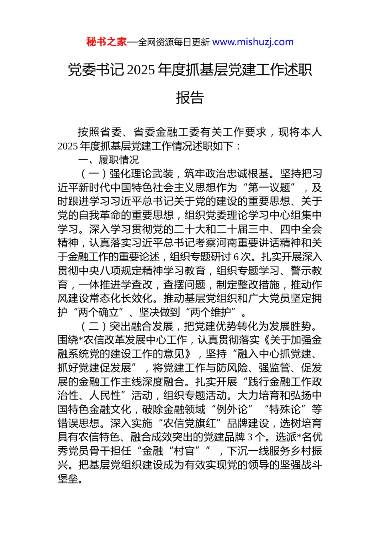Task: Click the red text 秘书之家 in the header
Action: pos(106,42)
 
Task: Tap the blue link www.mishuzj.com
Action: pos(253,42)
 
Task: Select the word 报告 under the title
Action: pos(190,97)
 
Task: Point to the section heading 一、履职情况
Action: pos(108,160)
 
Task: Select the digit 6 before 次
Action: pos(236,257)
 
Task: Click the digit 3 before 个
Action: pos(250,437)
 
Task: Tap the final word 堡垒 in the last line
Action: pos(68,479)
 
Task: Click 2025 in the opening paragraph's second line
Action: pos(67,146)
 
